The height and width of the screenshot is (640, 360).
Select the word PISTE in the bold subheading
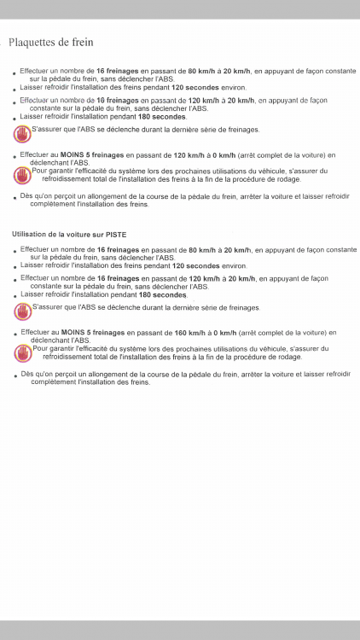pyautogui.click(x=114, y=234)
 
